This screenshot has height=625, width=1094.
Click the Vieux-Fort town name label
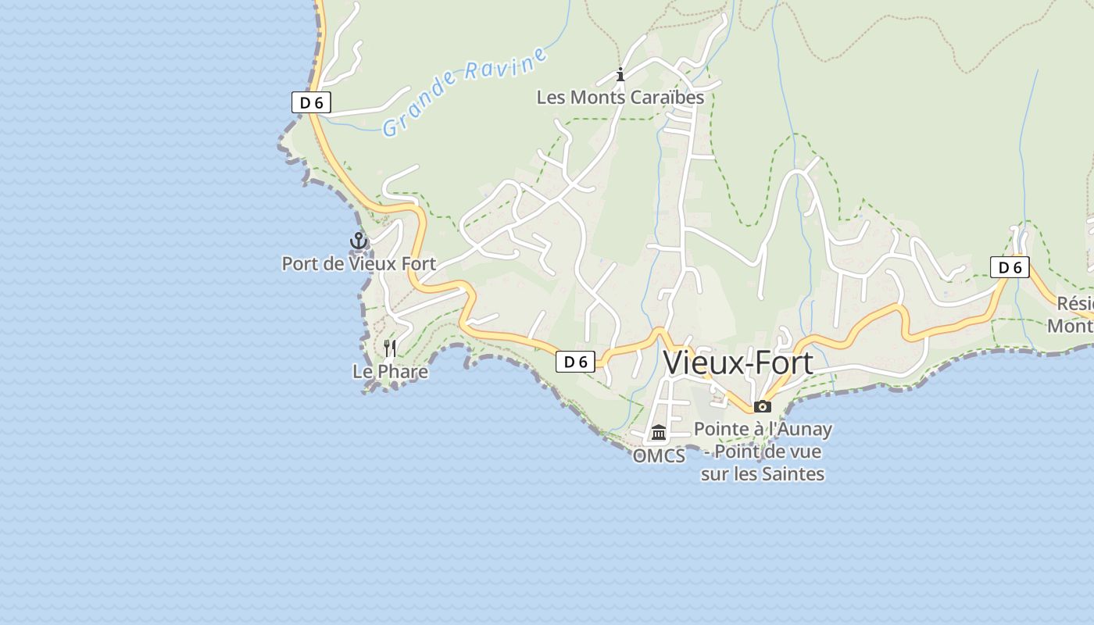[x=738, y=363]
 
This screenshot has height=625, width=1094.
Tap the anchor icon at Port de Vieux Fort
[x=359, y=241]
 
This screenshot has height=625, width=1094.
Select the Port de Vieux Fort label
[x=359, y=264]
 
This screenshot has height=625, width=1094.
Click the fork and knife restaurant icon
[x=390, y=348]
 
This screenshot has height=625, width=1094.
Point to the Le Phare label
[x=390, y=371]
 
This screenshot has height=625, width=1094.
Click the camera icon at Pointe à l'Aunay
[x=763, y=406]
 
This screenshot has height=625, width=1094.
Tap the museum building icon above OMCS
[x=659, y=432]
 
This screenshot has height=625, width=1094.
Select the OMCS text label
[x=659, y=455]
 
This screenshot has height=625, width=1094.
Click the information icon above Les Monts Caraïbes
[x=620, y=75]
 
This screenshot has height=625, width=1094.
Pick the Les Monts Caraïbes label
[x=620, y=98]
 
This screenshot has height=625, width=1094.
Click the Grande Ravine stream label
[x=464, y=91]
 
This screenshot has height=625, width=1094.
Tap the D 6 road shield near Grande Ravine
[x=311, y=102]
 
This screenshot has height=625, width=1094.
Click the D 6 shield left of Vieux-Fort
[x=575, y=362]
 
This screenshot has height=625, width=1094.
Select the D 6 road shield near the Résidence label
[x=1010, y=267]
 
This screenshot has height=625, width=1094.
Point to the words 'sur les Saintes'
[x=763, y=473]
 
